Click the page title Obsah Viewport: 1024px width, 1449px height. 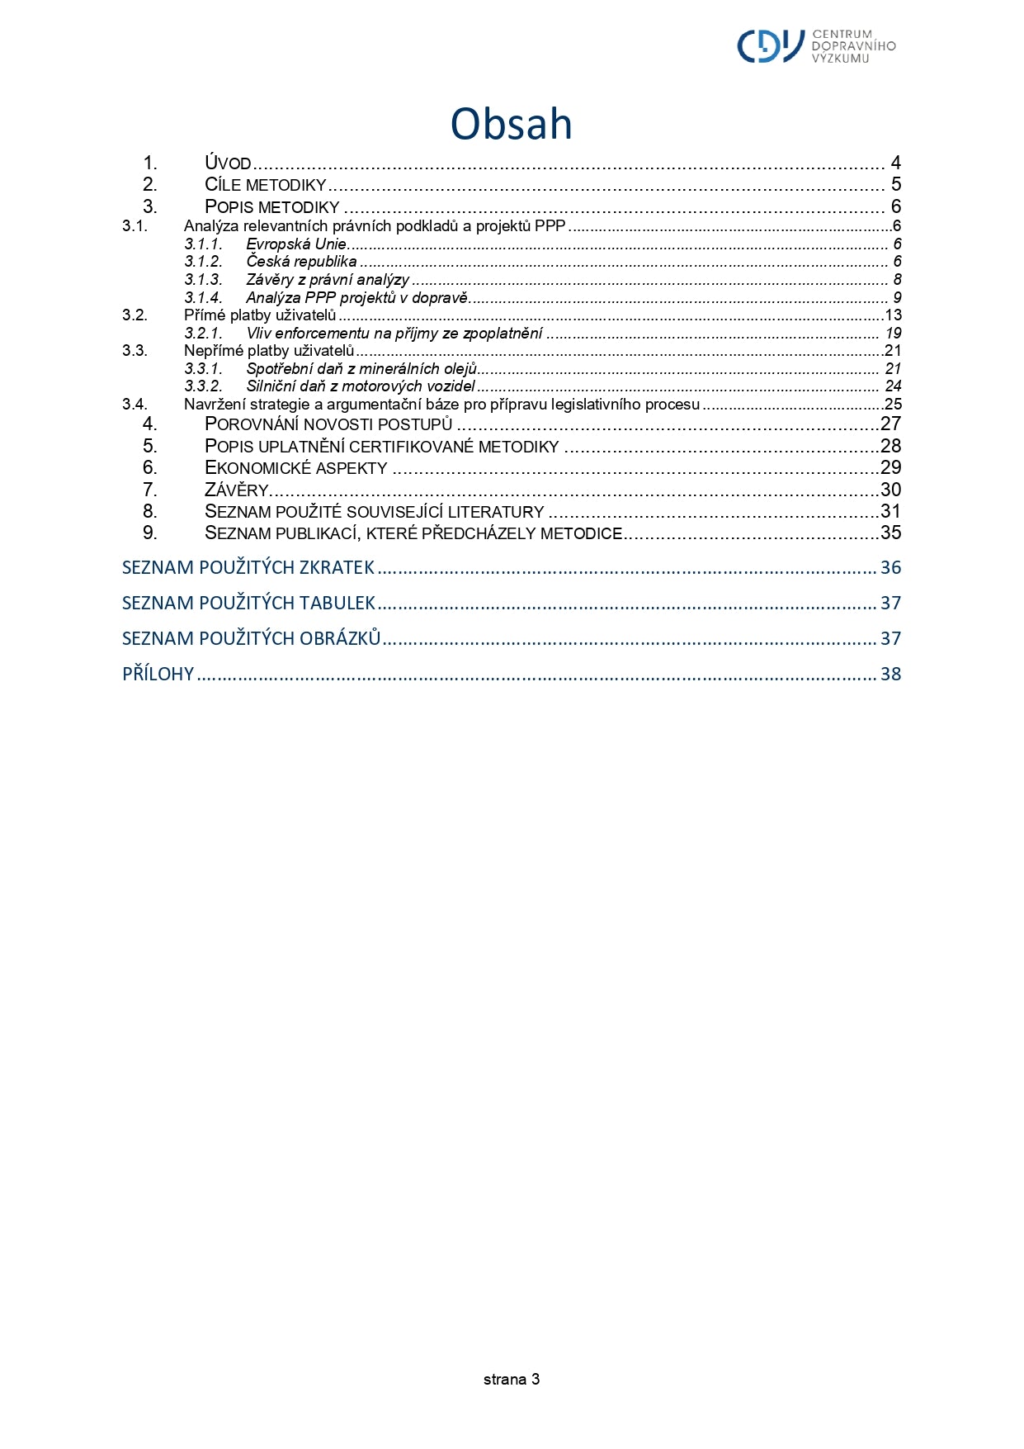(511, 125)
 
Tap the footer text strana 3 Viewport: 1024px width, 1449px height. (511, 1379)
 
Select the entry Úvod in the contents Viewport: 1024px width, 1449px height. (228, 163)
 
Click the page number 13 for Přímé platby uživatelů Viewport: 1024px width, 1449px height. (893, 315)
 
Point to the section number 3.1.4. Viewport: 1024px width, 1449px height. (203, 298)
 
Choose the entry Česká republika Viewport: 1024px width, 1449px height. (301, 262)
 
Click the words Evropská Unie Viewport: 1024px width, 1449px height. (296, 244)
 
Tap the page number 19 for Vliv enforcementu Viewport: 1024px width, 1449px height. (893, 334)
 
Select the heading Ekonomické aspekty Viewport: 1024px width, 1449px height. (295, 468)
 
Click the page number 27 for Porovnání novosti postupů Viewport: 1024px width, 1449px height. (890, 424)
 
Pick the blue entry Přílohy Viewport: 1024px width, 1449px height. (158, 675)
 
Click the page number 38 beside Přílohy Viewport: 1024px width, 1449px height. (890, 675)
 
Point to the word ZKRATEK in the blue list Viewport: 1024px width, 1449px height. (337, 568)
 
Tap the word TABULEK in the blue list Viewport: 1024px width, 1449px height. (337, 604)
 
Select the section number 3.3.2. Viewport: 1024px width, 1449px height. (203, 386)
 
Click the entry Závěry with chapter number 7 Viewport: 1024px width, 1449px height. (237, 490)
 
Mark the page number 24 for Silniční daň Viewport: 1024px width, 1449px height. (893, 386)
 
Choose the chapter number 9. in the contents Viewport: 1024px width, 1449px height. (149, 533)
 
